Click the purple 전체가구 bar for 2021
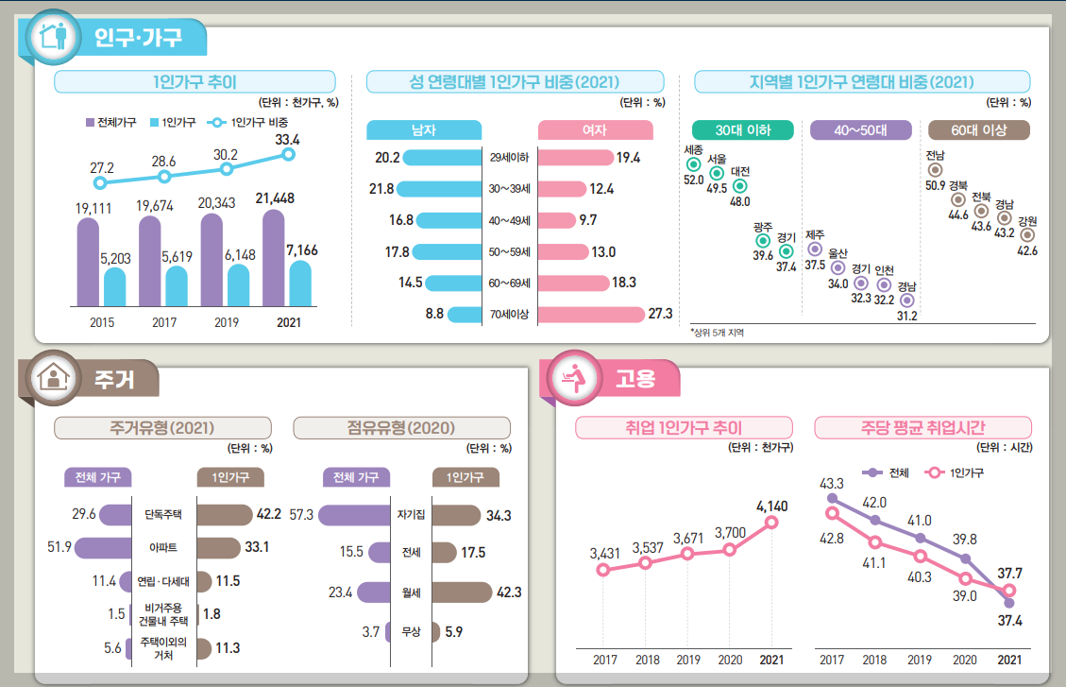pyautogui.click(x=273, y=258)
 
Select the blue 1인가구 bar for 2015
pyautogui.click(x=115, y=286)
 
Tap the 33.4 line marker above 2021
pyautogui.click(x=288, y=154)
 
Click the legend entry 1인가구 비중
pyautogui.click(x=248, y=123)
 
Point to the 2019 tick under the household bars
pyautogui.click(x=227, y=322)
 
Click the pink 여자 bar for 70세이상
pyautogui.click(x=591, y=315)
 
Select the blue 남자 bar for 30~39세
pyautogui.click(x=439, y=188)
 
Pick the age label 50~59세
pyautogui.click(x=509, y=251)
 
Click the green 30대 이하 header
pyautogui.click(x=742, y=129)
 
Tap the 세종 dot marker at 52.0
pyautogui.click(x=693, y=164)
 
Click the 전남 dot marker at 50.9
pyautogui.click(x=936, y=170)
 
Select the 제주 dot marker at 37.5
pyautogui.click(x=815, y=249)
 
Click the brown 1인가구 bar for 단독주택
pyautogui.click(x=225, y=514)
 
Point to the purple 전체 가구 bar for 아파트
pyautogui.click(x=103, y=547)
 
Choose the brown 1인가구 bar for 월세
pyautogui.click(x=462, y=593)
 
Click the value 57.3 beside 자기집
pyautogui.click(x=301, y=515)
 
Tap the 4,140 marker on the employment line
pyautogui.click(x=771, y=523)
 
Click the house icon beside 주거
pyautogui.click(x=54, y=377)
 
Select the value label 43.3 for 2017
pyautogui.click(x=832, y=484)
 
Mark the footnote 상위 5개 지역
pyautogui.click(x=718, y=333)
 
